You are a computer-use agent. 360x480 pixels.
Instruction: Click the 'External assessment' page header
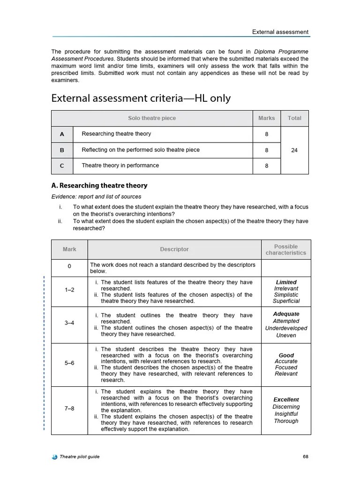pyautogui.click(x=280, y=32)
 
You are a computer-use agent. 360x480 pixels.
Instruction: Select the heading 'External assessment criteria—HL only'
pyautogui.click(x=141, y=98)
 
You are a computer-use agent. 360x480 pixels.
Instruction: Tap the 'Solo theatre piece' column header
pyautogui.click(x=152, y=118)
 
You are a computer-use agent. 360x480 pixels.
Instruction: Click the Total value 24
pyautogui.click(x=294, y=150)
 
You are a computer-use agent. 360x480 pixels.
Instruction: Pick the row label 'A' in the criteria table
pyautogui.click(x=62, y=134)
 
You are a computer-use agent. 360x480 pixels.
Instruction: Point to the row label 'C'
pyautogui.click(x=62, y=165)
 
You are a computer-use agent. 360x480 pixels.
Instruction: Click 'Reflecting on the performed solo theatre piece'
pyautogui.click(x=141, y=150)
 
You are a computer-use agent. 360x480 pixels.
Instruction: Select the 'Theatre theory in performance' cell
pyautogui.click(x=120, y=165)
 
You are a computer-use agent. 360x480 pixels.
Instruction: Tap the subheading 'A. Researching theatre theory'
pyautogui.click(x=99, y=186)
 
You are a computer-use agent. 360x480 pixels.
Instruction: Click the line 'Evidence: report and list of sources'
pyautogui.click(x=96, y=196)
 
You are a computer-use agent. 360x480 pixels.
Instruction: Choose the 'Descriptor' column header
pyautogui.click(x=174, y=249)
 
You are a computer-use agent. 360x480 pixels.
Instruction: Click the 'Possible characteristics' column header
pyautogui.click(x=285, y=249)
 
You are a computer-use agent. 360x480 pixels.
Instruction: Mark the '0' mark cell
pyautogui.click(x=69, y=266)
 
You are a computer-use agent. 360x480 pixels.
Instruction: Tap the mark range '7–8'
pyautogui.click(x=69, y=408)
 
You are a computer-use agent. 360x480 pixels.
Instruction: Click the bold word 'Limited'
pyautogui.click(x=286, y=282)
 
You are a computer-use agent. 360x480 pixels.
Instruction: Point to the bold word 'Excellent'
pyautogui.click(x=286, y=400)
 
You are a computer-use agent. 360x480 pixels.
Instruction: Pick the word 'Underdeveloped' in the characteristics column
pyautogui.click(x=286, y=328)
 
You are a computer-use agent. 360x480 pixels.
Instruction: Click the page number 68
pyautogui.click(x=305, y=457)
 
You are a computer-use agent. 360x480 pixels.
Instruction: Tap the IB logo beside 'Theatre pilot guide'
pyautogui.click(x=54, y=457)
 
